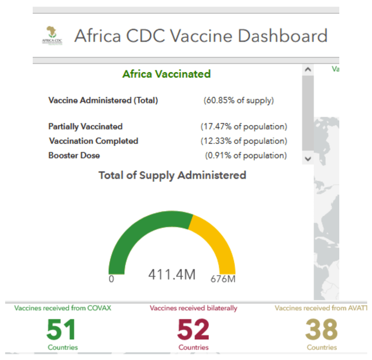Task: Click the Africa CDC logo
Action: pyautogui.click(x=52, y=36)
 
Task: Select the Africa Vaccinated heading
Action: pyautogui.click(x=167, y=74)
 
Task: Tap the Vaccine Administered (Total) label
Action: pyautogui.click(x=103, y=101)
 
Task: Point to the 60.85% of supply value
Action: pyautogui.click(x=239, y=101)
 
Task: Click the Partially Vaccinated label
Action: pyautogui.click(x=85, y=127)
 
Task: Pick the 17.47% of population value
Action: pyautogui.click(x=244, y=127)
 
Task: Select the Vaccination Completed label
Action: pyautogui.click(x=93, y=141)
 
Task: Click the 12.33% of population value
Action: pyautogui.click(x=244, y=141)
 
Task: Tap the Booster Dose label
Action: pyautogui.click(x=74, y=155)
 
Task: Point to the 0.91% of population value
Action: pyautogui.click(x=246, y=155)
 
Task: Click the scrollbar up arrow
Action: pyautogui.click(x=308, y=69)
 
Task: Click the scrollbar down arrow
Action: pyautogui.click(x=308, y=159)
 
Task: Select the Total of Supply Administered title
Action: pyautogui.click(x=172, y=175)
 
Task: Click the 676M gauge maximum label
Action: pyautogui.click(x=223, y=279)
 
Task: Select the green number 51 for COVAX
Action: pyautogui.click(x=61, y=329)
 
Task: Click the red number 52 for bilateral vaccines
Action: pyautogui.click(x=193, y=329)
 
